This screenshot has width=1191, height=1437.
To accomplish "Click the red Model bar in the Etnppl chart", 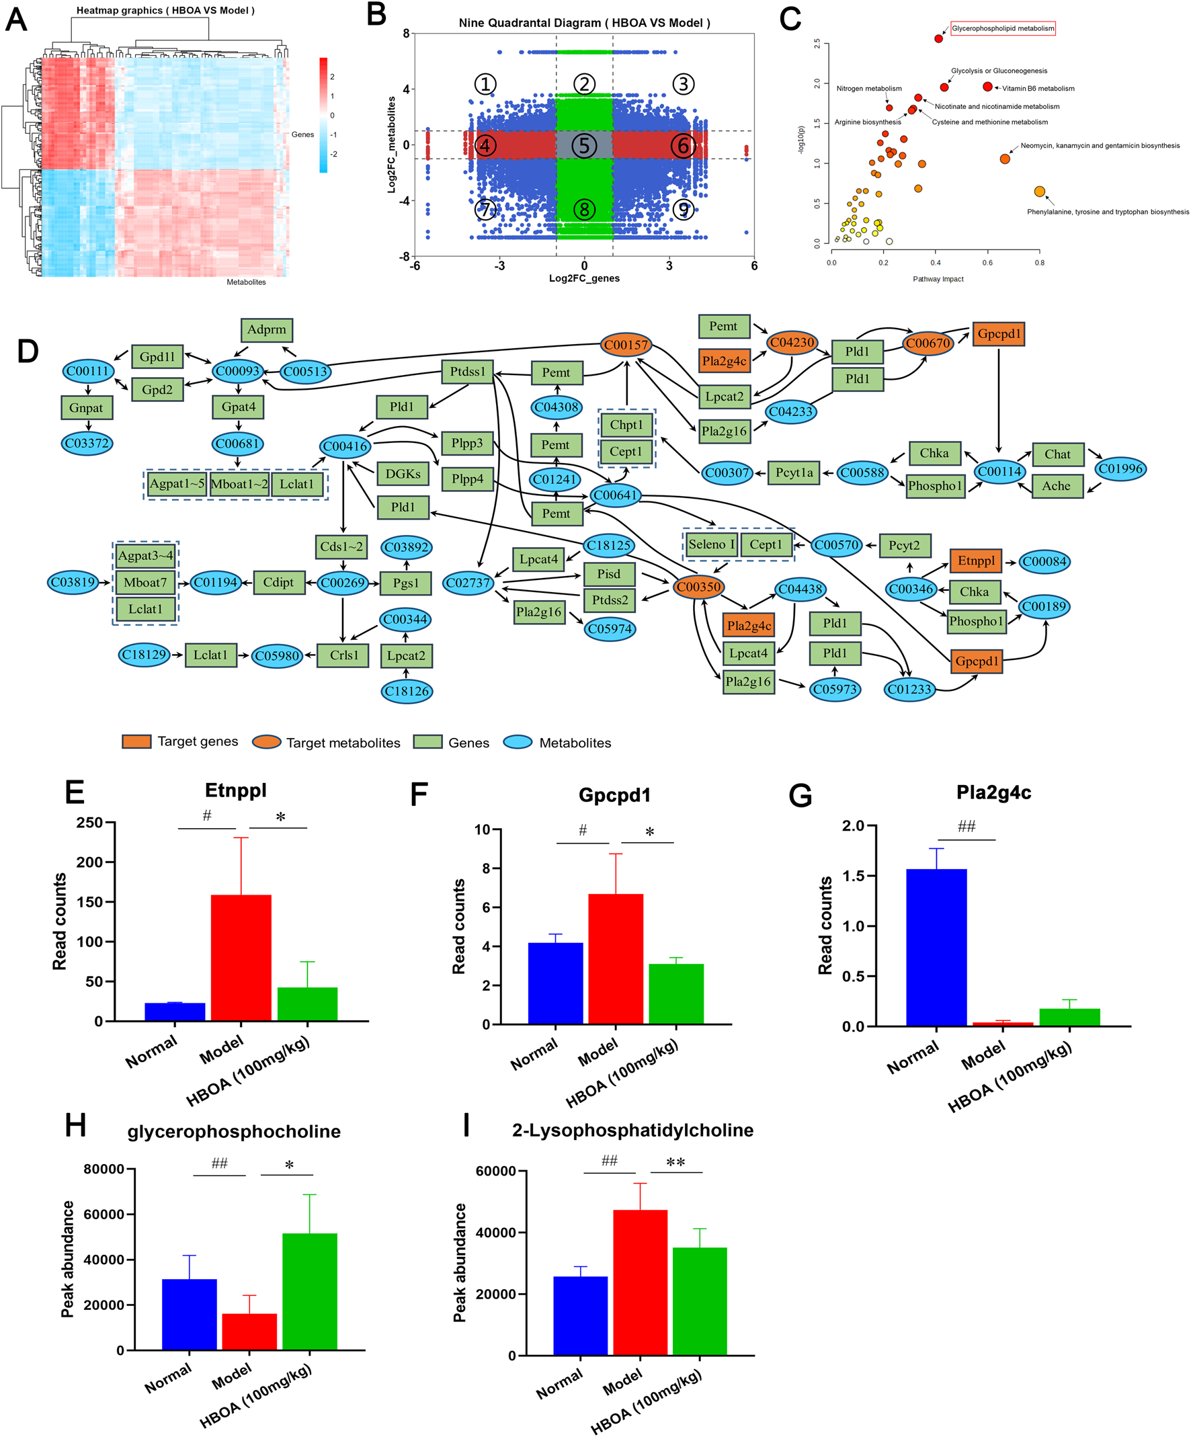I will point(241,958).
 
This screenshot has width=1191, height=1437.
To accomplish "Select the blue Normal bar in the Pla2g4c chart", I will point(936,947).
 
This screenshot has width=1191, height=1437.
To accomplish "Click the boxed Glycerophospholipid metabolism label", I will point(1002,28).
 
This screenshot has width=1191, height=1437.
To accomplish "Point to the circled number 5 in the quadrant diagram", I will point(583,145).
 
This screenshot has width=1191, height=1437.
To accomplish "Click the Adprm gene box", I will point(267,330).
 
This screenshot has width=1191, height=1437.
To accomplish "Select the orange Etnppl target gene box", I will point(975,561).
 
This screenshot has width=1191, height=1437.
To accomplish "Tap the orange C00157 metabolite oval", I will point(626,345).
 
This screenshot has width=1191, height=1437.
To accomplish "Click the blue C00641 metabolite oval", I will point(615,495).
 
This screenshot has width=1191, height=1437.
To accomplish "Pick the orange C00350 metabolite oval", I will point(698,587).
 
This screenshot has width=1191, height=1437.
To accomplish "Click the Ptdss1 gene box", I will point(467,372).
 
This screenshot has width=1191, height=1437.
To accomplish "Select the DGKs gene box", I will point(403,474).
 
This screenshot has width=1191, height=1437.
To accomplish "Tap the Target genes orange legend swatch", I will point(136,742).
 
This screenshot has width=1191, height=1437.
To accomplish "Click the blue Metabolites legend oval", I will point(518,743).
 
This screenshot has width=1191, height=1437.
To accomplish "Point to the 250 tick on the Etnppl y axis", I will point(89,823).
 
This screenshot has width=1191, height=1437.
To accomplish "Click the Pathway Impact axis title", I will point(937,279).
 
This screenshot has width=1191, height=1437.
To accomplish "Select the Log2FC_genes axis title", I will point(583,278).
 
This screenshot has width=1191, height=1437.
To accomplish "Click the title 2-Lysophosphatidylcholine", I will point(632,1131).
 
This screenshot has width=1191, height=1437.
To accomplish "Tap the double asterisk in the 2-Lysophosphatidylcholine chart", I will point(675,1163).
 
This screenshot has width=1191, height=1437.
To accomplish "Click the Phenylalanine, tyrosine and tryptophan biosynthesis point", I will point(1038,192).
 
